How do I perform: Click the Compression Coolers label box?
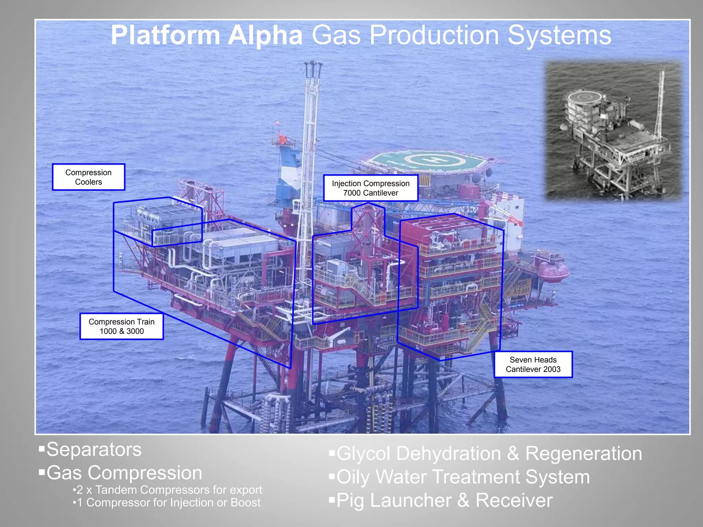89,177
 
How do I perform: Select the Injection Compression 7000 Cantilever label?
371,188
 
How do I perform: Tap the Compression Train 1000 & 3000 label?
122,326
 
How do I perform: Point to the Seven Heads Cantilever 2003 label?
533,364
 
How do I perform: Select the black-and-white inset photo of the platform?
614,130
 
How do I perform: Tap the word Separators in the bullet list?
94,449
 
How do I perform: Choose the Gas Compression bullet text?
124,473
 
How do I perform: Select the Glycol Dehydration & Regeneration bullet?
489,454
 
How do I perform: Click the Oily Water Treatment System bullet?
463,477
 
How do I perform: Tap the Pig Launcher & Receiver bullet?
444,500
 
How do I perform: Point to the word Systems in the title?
560,35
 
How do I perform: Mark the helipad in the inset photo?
584,97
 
